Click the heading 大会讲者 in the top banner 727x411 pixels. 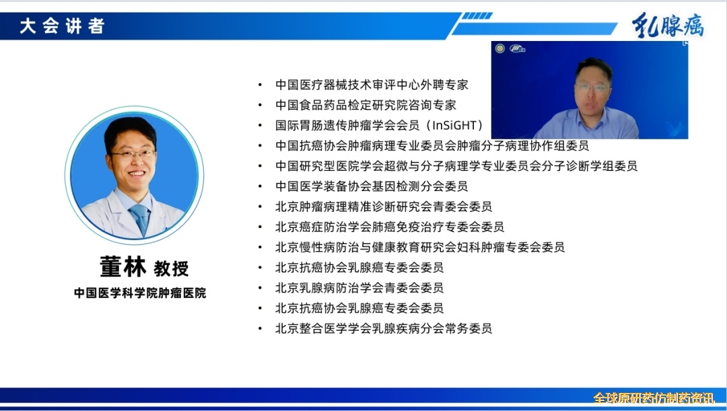coord(62,26)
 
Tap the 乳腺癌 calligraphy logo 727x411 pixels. coord(668,25)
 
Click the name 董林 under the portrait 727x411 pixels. coord(123,266)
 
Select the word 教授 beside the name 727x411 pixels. coord(172,268)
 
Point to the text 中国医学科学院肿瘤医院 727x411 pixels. coord(140,293)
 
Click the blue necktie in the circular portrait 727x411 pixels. coord(140,218)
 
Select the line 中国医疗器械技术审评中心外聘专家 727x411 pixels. coord(372,85)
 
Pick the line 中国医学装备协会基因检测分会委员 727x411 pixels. coord(372,186)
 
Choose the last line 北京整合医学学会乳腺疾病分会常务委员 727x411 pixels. coord(384,328)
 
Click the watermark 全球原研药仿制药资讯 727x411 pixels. coord(654,398)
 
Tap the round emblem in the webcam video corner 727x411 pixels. coord(499,48)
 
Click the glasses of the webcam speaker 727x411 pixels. coord(592,87)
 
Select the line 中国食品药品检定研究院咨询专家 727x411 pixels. coord(366,105)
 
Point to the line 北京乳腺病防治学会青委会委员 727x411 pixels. coord(359,288)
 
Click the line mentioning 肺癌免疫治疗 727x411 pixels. coord(390,227)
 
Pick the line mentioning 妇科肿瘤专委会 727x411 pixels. coord(420,247)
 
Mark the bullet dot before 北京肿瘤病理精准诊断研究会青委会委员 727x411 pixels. coord(260,207)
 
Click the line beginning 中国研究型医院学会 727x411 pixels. coord(456,166)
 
